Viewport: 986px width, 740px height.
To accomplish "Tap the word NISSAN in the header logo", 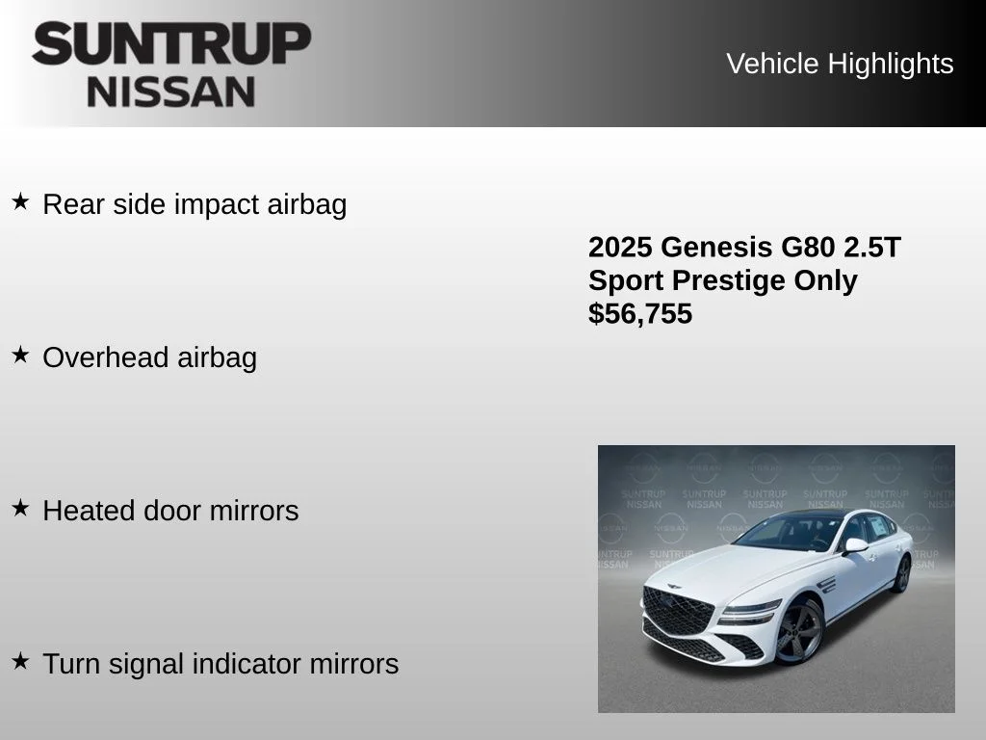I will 171,92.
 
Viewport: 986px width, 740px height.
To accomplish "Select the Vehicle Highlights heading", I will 840,64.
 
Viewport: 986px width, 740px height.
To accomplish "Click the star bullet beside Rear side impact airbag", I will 20,201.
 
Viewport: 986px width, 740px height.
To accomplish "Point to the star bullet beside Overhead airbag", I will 20,355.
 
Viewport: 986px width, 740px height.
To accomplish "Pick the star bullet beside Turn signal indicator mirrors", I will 20,661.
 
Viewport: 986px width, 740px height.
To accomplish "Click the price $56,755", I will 640,314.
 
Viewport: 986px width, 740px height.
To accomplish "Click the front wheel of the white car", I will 799,632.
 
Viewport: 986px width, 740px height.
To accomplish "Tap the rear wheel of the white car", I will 901,573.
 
